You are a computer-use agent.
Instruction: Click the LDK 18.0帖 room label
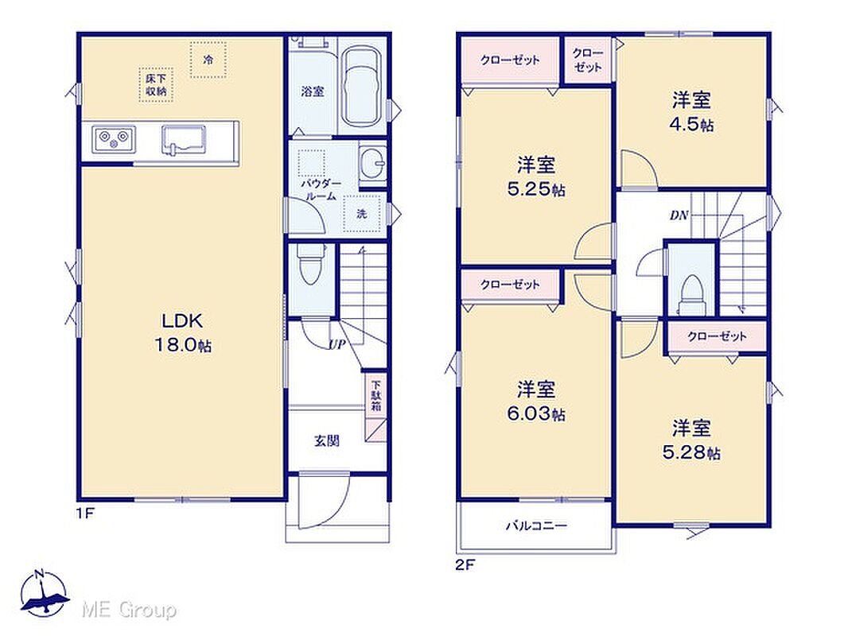183,332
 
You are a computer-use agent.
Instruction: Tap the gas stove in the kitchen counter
114,140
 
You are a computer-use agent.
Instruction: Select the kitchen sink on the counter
183,140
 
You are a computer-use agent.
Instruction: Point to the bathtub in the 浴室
361,85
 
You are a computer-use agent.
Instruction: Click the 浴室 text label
313,91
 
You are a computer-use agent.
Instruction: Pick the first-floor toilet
309,264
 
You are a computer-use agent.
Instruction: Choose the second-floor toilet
690,294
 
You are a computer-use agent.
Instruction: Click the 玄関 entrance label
327,441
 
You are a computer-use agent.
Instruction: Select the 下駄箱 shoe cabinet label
375,397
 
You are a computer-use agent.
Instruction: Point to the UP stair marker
336,345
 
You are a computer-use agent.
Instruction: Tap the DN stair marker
679,215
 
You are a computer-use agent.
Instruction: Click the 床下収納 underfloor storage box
156,85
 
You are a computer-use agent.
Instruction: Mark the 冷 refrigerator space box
208,60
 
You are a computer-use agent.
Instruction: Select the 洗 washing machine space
362,213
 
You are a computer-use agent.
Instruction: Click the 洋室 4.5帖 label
692,112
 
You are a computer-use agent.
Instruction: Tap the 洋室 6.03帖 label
535,401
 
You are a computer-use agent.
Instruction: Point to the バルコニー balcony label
536,525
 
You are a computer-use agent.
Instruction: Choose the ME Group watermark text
129,610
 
